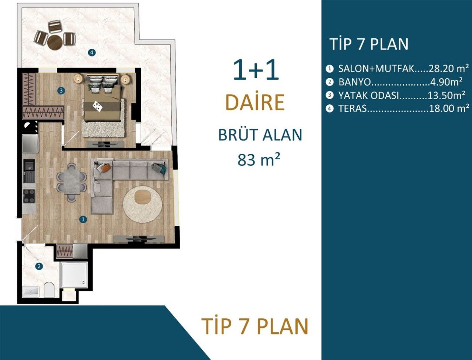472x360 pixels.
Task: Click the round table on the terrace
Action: click(x=56, y=42)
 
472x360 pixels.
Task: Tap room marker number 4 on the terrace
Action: click(x=92, y=52)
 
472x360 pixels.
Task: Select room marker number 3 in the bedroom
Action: click(x=62, y=90)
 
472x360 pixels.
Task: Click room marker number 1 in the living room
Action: click(x=83, y=219)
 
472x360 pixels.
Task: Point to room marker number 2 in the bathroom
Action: click(x=39, y=266)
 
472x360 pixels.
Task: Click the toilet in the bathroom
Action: click(x=49, y=289)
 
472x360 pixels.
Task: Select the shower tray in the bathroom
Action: click(x=74, y=275)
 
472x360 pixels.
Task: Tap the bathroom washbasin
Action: click(x=30, y=291)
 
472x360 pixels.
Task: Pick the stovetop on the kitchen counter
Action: click(x=29, y=196)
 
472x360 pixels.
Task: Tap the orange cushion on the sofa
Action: click(x=105, y=168)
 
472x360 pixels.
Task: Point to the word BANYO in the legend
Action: click(x=354, y=82)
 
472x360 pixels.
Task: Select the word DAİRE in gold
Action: click(x=255, y=103)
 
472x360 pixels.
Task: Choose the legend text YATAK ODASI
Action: click(x=369, y=96)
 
